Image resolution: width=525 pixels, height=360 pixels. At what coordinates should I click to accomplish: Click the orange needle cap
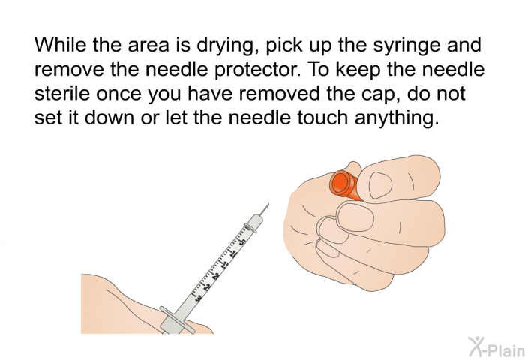coord(344,185)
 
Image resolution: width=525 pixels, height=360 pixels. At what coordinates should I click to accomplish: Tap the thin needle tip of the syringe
coord(268,203)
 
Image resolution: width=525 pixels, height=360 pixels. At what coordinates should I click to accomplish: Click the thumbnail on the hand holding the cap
coord(380,185)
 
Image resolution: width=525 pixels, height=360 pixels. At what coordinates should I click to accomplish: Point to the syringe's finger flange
coord(177,319)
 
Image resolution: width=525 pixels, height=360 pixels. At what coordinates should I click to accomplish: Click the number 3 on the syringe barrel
coord(198,297)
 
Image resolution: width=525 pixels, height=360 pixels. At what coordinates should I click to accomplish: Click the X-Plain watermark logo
coord(496,347)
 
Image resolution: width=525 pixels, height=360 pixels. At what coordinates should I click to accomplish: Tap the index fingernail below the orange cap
coord(355,217)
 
